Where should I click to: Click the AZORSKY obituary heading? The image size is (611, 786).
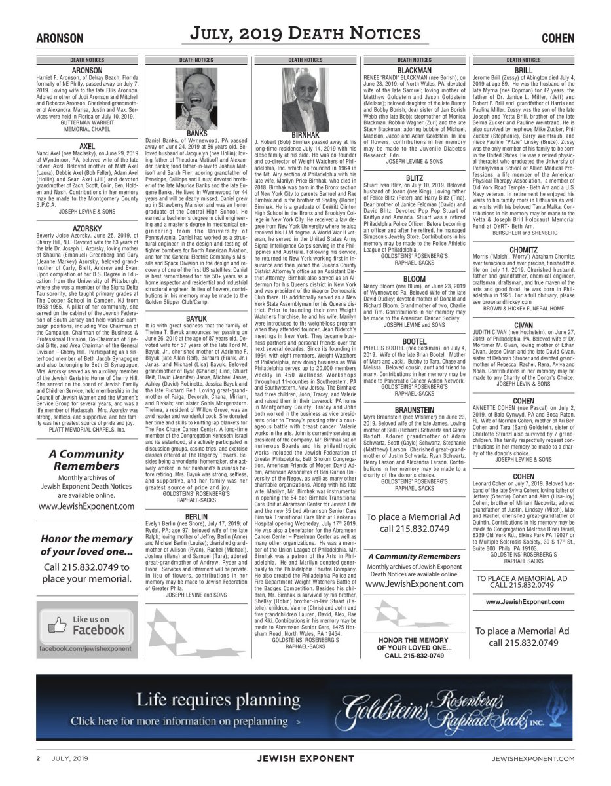click(87, 229)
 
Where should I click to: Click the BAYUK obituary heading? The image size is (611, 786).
click(196, 318)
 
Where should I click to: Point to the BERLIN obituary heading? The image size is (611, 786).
click(196, 517)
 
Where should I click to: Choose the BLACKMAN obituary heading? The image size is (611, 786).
click(415, 70)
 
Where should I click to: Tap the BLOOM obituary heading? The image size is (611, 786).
click(415, 279)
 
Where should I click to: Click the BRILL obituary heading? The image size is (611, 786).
click(523, 70)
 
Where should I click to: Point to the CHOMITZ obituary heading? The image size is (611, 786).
click(523, 250)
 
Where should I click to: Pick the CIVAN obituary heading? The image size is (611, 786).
click(523, 325)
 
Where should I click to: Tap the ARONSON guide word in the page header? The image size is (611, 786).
click(60, 39)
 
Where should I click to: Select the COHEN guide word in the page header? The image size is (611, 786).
click(557, 39)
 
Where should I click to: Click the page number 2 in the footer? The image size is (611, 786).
click(38, 758)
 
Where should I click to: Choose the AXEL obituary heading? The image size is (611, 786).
click(87, 146)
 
